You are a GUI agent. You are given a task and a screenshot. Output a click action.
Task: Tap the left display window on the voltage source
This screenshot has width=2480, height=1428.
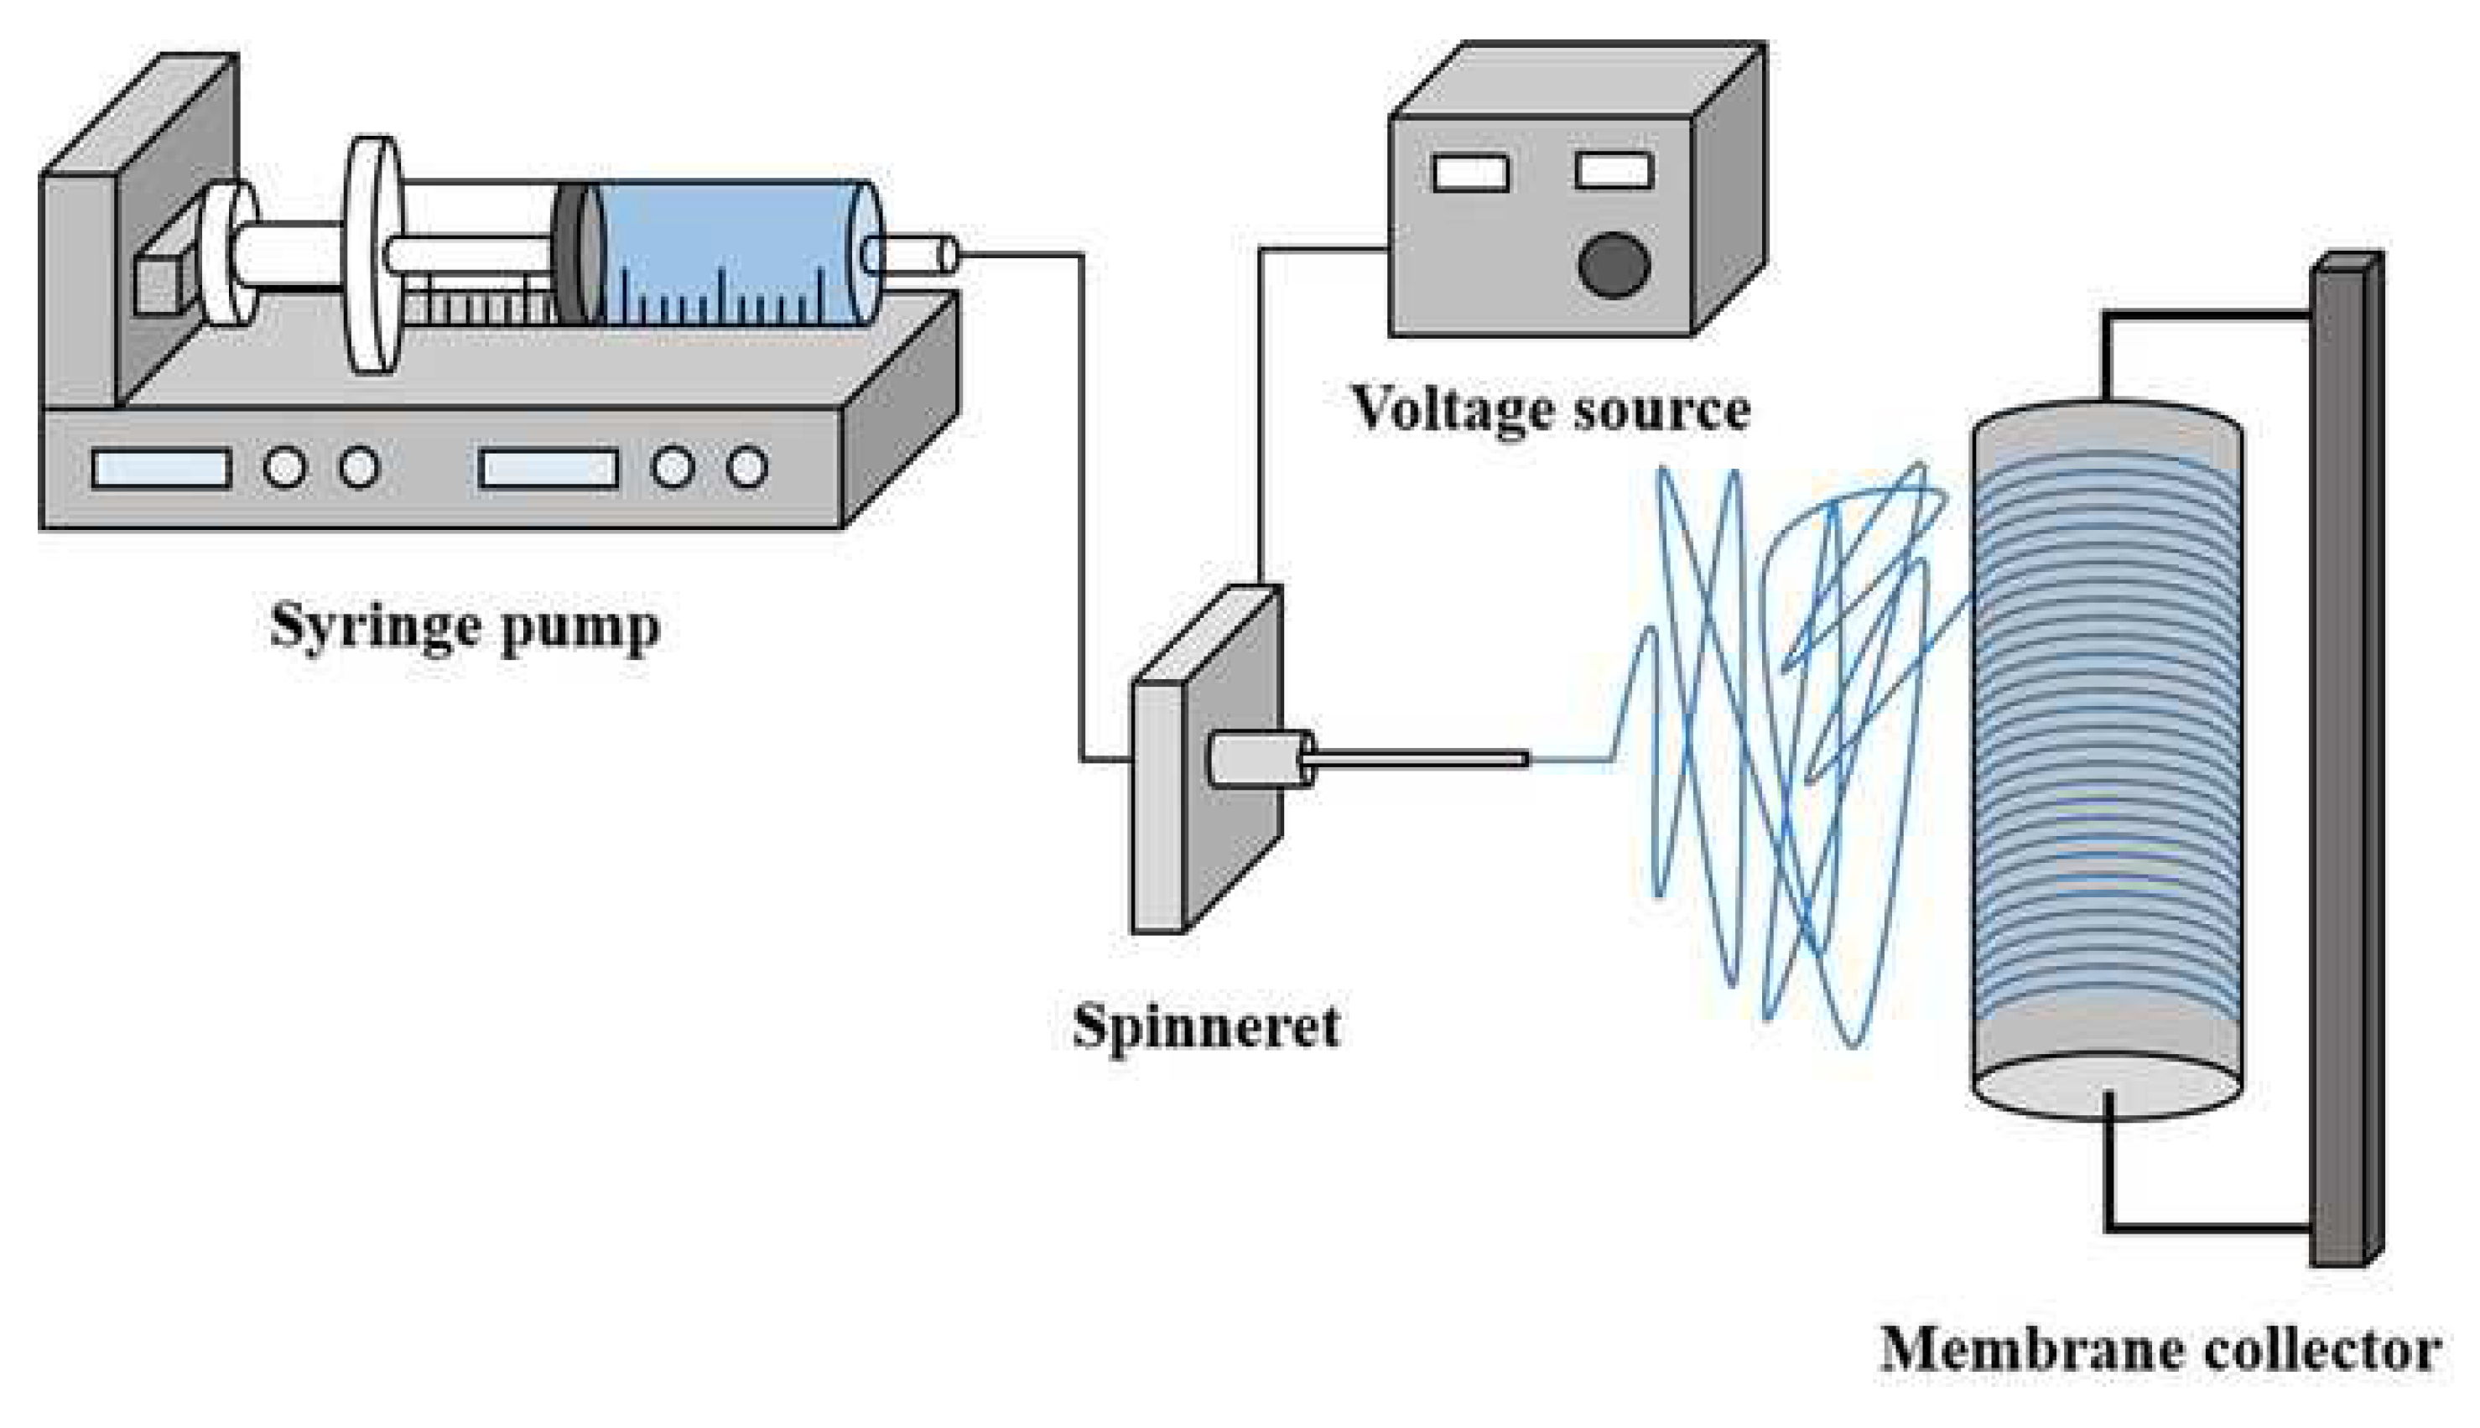click(x=1469, y=174)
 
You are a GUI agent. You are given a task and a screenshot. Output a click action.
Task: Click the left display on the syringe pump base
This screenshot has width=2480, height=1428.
click(x=162, y=469)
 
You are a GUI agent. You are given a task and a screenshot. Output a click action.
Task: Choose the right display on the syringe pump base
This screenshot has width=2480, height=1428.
click(x=549, y=469)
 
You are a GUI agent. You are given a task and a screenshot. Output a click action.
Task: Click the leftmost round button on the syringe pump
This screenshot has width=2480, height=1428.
click(x=284, y=468)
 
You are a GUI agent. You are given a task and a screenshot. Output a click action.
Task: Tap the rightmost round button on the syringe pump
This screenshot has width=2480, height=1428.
click(x=746, y=468)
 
